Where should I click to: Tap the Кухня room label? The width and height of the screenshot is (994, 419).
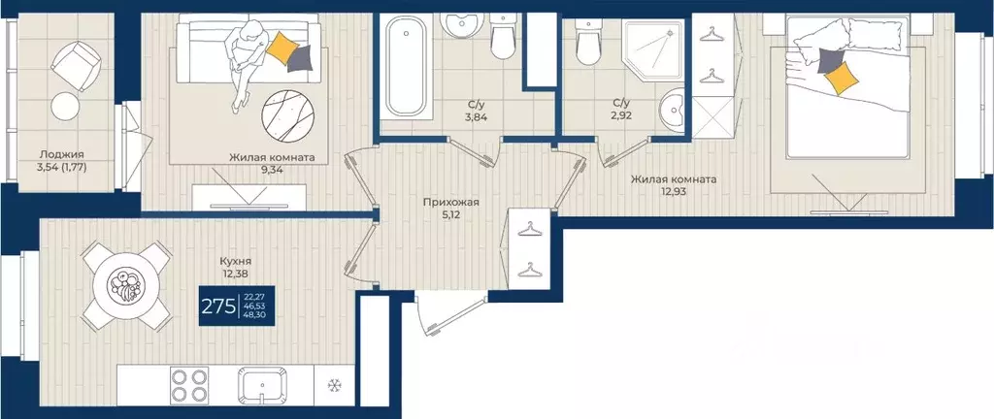(236, 261)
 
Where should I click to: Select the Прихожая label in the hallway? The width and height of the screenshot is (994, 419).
(450, 203)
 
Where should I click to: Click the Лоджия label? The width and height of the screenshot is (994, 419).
(61, 154)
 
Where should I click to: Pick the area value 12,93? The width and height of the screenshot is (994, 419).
(674, 190)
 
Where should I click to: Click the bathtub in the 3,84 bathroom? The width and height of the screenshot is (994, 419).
(406, 66)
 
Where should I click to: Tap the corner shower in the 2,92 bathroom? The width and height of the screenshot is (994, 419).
(653, 50)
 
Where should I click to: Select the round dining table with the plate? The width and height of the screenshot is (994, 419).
(126, 286)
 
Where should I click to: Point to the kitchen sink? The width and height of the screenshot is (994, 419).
(260, 385)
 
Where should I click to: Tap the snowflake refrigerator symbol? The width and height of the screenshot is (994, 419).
(334, 385)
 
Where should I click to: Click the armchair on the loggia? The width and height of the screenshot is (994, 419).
(76, 64)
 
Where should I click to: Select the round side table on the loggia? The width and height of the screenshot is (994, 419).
(65, 106)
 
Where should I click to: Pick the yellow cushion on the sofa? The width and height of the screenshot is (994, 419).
(281, 48)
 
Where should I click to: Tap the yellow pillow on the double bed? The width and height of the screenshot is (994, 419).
(842, 78)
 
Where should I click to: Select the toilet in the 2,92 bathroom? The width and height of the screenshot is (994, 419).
(587, 42)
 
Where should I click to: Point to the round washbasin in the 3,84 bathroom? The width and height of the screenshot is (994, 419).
(462, 25)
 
